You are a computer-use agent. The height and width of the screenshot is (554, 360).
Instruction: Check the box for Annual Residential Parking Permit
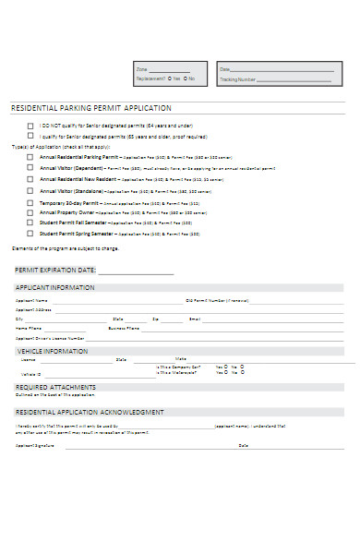[30, 157]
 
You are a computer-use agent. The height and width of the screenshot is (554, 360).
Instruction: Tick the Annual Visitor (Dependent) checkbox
[30, 169]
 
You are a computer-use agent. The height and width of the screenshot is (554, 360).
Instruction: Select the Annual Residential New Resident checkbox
[30, 179]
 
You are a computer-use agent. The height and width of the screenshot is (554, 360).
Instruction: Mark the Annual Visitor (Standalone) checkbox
[30, 191]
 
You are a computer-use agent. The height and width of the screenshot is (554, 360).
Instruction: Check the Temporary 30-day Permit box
[30, 202]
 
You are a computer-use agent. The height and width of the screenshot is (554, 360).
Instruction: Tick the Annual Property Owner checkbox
[30, 212]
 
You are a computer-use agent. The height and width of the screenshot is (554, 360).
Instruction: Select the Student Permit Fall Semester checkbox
[30, 223]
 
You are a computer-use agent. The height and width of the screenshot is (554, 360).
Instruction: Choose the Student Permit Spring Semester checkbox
[30, 233]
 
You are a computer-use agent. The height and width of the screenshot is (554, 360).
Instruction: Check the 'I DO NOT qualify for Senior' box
[30, 125]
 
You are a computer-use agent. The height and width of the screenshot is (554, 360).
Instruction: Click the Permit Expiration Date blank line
[136, 271]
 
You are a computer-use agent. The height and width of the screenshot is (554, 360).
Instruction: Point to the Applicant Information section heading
[54, 288]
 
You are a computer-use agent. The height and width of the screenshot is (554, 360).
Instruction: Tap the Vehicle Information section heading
[52, 351]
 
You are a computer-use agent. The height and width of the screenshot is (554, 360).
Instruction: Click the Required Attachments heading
[55, 387]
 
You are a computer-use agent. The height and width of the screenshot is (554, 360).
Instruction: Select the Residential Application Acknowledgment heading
[90, 412]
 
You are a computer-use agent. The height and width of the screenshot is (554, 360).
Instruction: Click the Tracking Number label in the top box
[235, 79]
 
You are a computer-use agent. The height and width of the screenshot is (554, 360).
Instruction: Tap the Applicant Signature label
[35, 446]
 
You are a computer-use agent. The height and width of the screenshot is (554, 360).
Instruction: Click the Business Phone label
[124, 328]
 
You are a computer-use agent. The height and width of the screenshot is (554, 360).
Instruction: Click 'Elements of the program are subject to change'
[65, 248]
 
